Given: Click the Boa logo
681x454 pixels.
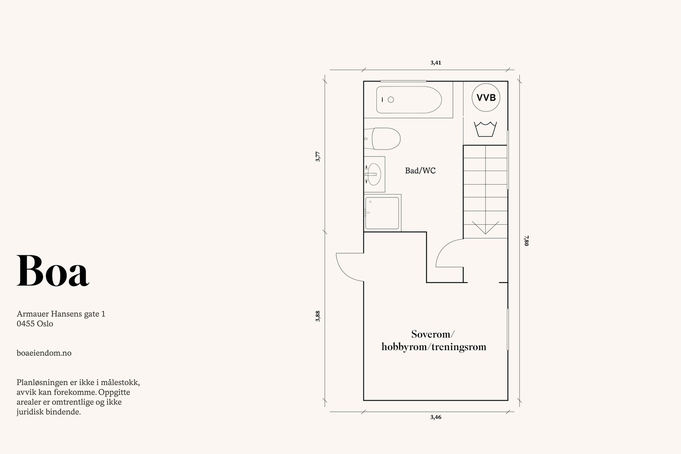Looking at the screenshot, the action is point(53,271).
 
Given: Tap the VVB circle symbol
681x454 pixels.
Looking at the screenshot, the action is point(486,97).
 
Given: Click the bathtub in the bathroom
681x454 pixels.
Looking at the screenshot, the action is point(409,100).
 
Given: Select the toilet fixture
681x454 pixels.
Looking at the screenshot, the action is point(383,139).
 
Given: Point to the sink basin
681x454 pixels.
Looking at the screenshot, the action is point(374,174).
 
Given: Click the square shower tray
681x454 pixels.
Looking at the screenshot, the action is point(382,213).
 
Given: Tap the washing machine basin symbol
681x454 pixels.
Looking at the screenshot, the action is point(485,129).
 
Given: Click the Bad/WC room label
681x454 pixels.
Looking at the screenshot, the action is point(420,171).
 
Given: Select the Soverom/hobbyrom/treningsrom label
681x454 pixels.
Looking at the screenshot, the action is point(434,340).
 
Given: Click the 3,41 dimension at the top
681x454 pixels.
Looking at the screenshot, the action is point(436,63).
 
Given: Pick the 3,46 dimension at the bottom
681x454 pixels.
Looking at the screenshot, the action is point(436,417).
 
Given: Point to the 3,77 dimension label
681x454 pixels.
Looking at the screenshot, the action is point(318,157).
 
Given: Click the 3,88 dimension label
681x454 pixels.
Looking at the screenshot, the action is point(318,316).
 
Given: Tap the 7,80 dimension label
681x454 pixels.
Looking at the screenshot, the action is point(526,241).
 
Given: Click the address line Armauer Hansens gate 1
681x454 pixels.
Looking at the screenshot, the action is point(61,314).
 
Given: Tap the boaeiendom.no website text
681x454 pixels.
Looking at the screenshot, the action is point(44,353).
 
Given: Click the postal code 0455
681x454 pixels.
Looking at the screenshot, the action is point(26,324).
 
